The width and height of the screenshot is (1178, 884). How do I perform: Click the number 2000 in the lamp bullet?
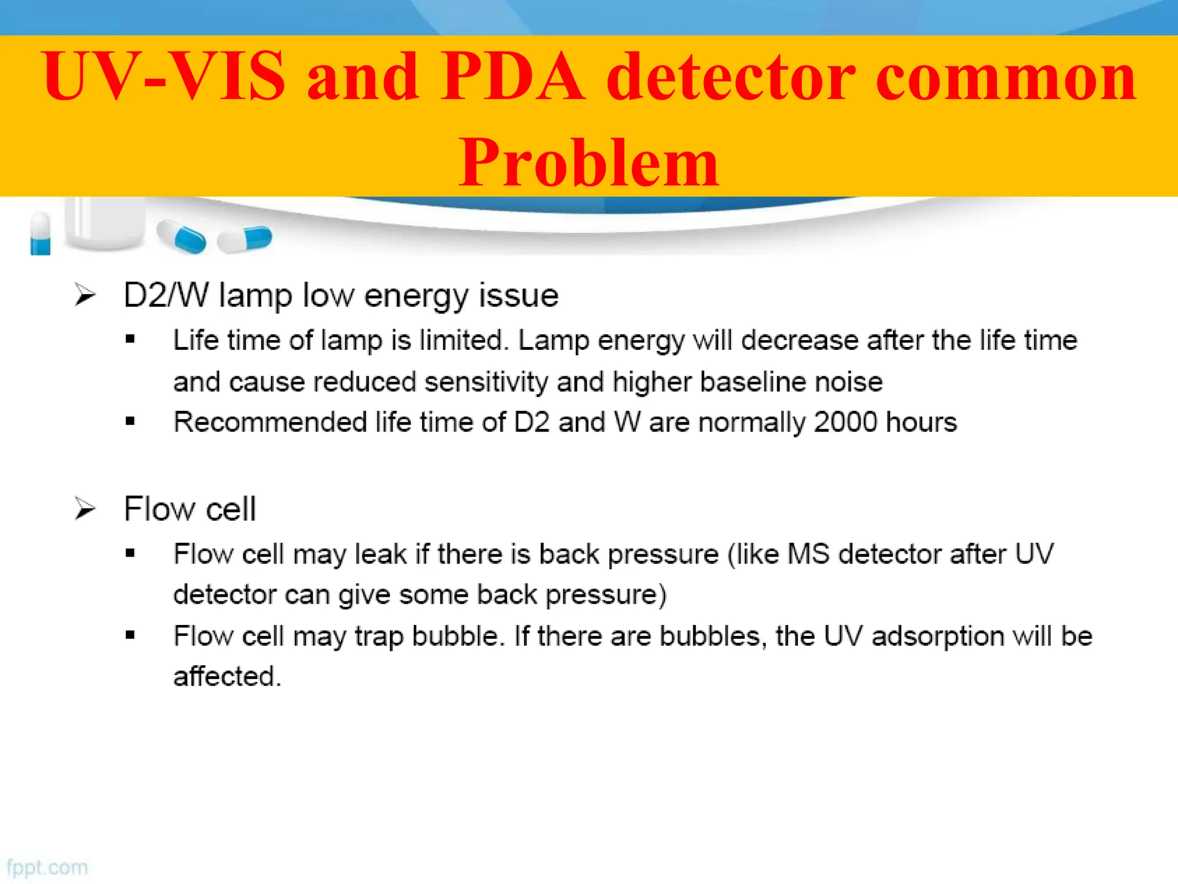846,422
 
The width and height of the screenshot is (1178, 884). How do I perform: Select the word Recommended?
270,422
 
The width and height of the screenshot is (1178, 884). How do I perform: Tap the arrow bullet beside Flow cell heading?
85,509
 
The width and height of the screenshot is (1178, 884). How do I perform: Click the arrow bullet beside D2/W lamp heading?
85,296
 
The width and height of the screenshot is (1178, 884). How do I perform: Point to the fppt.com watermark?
47,867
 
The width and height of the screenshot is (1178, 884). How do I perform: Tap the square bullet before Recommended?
131,422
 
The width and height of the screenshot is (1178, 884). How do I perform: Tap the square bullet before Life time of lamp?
131,340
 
